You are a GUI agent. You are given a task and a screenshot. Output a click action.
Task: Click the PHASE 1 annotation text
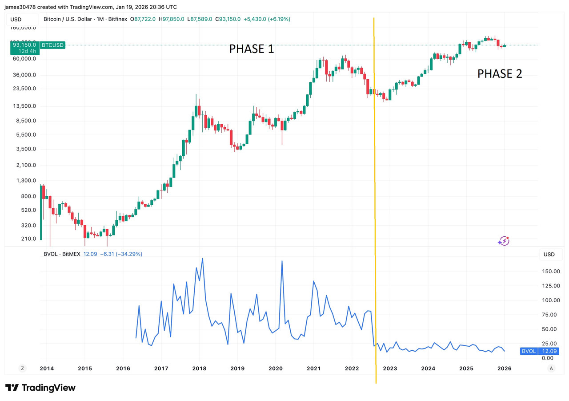(252, 49)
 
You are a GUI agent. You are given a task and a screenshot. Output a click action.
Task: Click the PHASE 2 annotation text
(500, 74)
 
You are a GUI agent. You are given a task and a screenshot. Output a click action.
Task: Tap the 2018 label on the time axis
(199, 369)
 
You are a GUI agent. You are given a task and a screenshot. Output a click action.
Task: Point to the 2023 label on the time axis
(390, 369)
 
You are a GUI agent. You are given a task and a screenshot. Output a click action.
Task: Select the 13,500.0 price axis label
(24, 106)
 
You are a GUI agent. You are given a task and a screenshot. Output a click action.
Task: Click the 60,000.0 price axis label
(24, 59)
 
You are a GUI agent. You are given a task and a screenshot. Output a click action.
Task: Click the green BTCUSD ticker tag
(52, 45)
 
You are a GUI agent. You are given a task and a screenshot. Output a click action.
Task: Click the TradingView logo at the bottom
(40, 388)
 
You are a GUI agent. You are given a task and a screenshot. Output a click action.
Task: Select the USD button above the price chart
(16, 19)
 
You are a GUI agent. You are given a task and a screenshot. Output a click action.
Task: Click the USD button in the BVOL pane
(549, 255)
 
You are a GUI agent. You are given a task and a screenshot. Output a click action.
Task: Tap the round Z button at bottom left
(22, 368)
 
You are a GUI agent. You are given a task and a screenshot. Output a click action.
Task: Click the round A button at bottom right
(551, 368)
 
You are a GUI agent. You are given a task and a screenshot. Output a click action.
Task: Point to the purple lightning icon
(504, 241)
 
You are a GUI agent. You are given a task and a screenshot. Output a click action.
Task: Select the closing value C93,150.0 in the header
(228, 19)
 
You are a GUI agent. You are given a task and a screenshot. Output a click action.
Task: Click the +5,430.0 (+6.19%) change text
(266, 19)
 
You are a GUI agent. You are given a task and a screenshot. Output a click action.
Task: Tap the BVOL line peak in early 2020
(282, 261)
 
